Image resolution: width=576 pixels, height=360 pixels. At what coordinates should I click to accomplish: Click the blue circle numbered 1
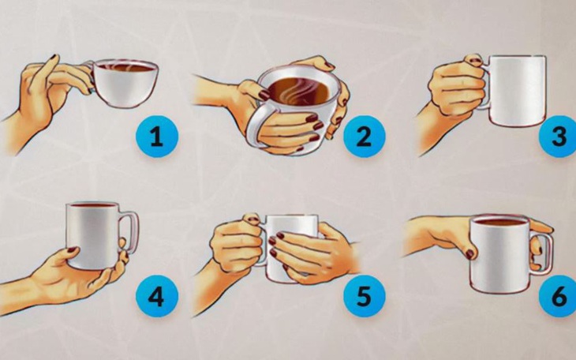click(x=156, y=138)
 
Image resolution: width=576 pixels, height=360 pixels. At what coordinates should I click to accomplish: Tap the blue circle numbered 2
click(x=363, y=138)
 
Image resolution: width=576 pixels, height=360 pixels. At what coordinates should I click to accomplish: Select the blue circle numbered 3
click(x=559, y=137)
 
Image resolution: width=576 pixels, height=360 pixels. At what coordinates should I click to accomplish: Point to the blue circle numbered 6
click(x=558, y=298)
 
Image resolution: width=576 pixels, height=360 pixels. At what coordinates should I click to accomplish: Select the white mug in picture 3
click(x=518, y=91)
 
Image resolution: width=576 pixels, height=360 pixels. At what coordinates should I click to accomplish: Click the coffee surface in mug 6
click(x=499, y=222)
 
